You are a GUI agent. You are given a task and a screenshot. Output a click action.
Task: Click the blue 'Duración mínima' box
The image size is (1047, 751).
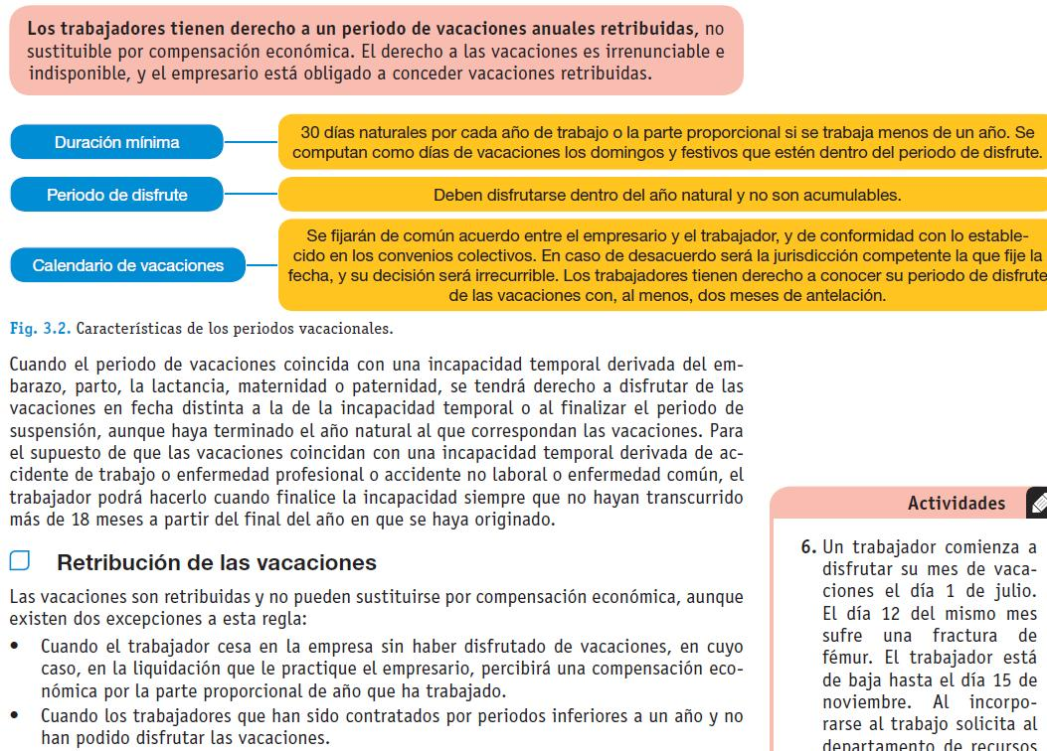[x=116, y=142]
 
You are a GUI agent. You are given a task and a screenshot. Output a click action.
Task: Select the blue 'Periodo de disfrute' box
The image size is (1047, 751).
[x=116, y=195]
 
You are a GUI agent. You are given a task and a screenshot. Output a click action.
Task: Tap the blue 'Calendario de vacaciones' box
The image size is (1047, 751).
[x=128, y=265]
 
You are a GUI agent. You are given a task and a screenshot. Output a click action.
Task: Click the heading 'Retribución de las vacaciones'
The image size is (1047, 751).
[x=217, y=562]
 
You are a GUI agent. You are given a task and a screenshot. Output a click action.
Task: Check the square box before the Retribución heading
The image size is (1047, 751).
[x=20, y=561]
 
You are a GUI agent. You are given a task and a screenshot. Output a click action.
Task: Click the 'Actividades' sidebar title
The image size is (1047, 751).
[x=956, y=504]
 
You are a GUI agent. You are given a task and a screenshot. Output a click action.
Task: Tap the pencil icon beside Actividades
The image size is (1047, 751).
[x=1037, y=504]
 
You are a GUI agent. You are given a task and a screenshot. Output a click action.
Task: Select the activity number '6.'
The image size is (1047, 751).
[x=809, y=545]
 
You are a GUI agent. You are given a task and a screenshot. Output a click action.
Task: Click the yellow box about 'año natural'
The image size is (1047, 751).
[x=666, y=195]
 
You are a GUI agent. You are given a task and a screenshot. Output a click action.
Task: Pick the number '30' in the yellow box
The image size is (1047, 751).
[x=310, y=133]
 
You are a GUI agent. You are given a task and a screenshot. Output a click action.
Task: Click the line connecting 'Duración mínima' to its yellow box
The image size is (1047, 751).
[x=251, y=142]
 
